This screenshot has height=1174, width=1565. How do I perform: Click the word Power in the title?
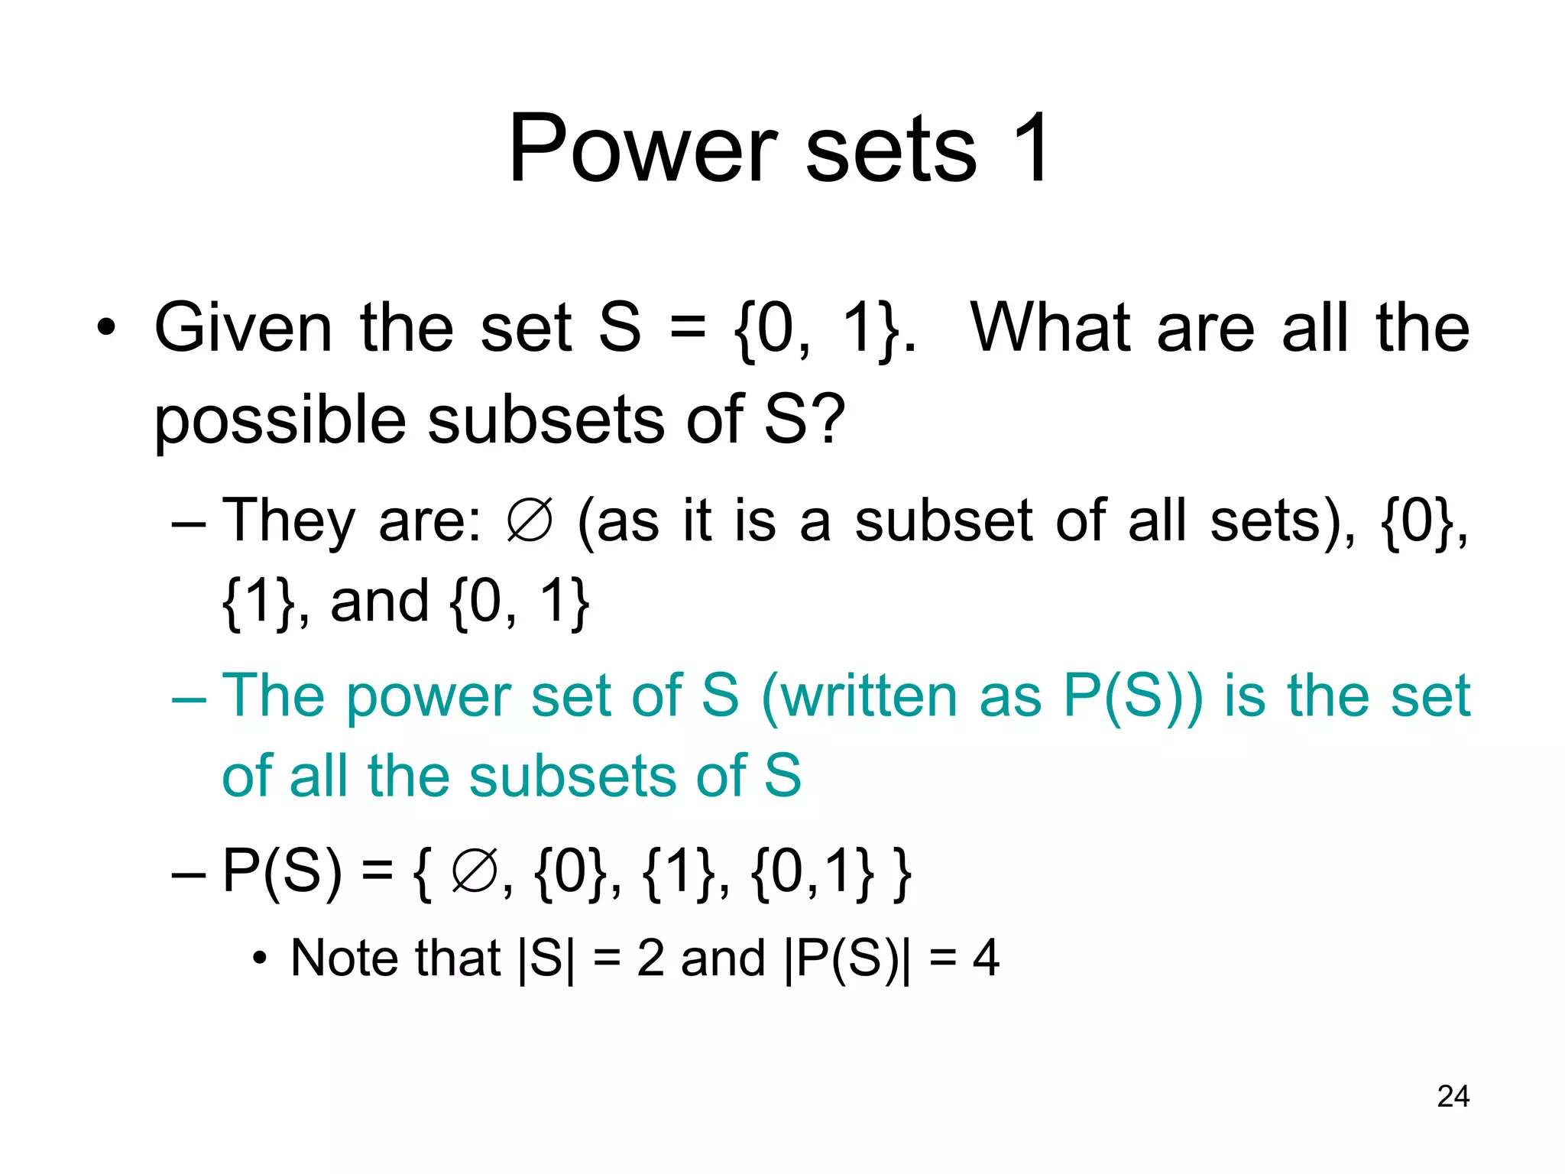[643, 148]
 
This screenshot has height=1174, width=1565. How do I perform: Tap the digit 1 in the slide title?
[1030, 148]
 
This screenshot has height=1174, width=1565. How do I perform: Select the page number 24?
[1453, 1096]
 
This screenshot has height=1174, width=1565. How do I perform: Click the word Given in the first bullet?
[243, 328]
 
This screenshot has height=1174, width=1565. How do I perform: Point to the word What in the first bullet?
[1050, 328]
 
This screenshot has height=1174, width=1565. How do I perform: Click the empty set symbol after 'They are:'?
[529, 522]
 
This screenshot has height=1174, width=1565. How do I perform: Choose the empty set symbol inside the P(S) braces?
[474, 872]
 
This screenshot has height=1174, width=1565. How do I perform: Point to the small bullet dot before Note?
[261, 958]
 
